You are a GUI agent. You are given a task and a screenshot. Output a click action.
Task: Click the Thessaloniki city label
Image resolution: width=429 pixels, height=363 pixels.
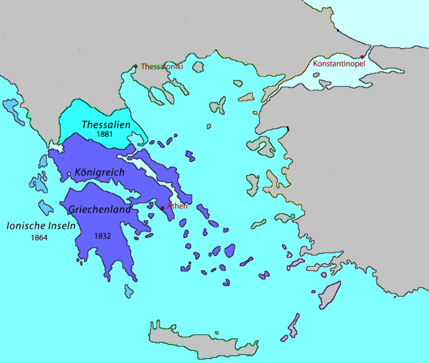tap(161, 67)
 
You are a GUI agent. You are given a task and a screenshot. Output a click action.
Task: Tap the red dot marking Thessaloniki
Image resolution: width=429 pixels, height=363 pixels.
tap(136, 67)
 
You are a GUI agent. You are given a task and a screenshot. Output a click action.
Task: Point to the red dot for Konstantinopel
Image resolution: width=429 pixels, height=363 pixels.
tap(363, 57)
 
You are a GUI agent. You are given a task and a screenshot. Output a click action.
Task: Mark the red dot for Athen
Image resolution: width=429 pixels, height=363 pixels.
tap(162, 208)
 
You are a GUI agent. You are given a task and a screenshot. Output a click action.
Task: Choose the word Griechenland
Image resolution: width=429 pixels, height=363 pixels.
tap(100, 209)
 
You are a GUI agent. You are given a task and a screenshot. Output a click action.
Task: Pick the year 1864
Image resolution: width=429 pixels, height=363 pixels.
tap(39, 237)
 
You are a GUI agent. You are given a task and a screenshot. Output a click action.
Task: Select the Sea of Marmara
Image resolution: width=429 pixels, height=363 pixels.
tap(343, 76)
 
